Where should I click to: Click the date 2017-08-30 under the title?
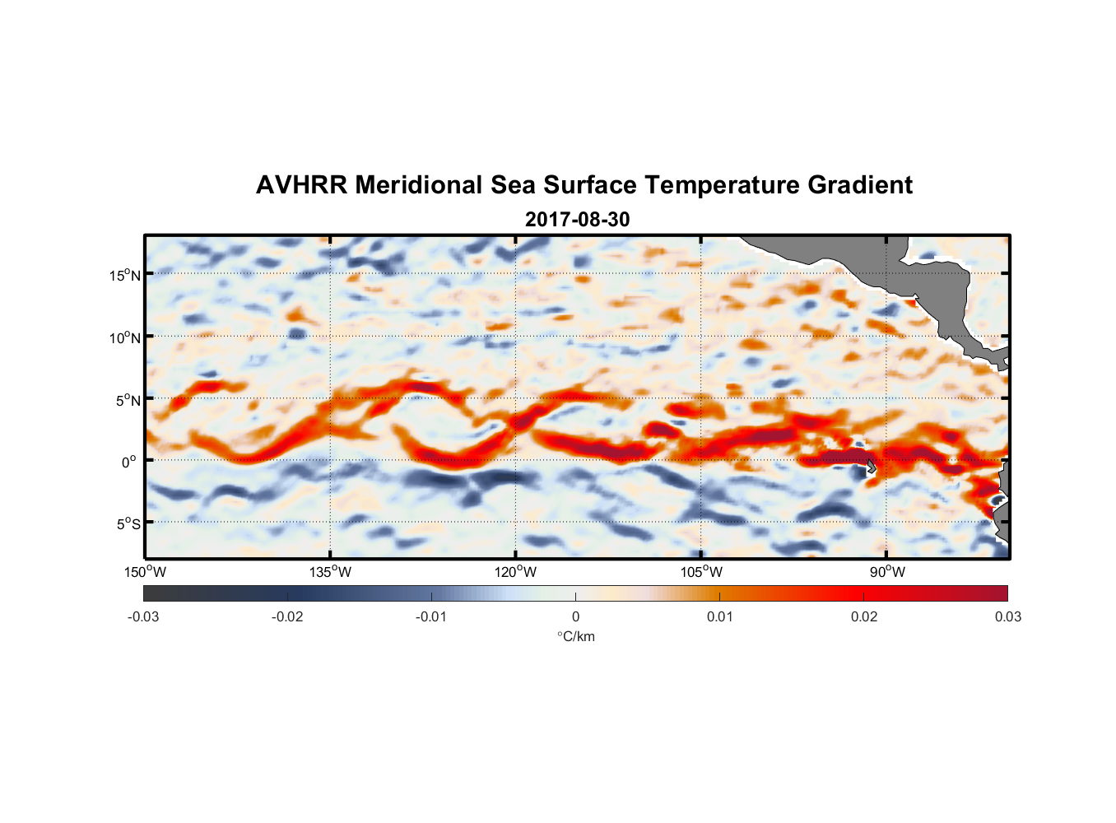pyautogui.click(x=577, y=220)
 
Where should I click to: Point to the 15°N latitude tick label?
pyautogui.click(x=125, y=275)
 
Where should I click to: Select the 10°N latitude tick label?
pyautogui.click(x=125, y=337)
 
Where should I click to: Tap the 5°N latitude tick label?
pyautogui.click(x=128, y=400)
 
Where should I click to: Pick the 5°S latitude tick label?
pyautogui.click(x=128, y=524)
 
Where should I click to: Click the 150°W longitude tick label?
pyautogui.click(x=146, y=572)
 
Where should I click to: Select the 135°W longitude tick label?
pyautogui.click(x=331, y=572)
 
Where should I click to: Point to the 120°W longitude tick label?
pyautogui.click(x=516, y=572)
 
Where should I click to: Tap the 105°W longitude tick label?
pyautogui.click(x=701, y=572)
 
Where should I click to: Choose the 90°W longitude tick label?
pyautogui.click(x=886, y=572)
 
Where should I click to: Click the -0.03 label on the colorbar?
pyautogui.click(x=143, y=616)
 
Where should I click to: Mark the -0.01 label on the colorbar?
pyautogui.click(x=431, y=616)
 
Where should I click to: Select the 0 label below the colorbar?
pyautogui.click(x=575, y=616)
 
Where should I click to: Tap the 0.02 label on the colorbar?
pyautogui.click(x=864, y=616)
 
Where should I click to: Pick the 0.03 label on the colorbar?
pyautogui.click(x=1007, y=616)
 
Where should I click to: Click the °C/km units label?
pyautogui.click(x=575, y=636)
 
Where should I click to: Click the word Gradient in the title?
pyautogui.click(x=860, y=185)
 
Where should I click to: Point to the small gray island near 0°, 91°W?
pyautogui.click(x=872, y=467)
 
